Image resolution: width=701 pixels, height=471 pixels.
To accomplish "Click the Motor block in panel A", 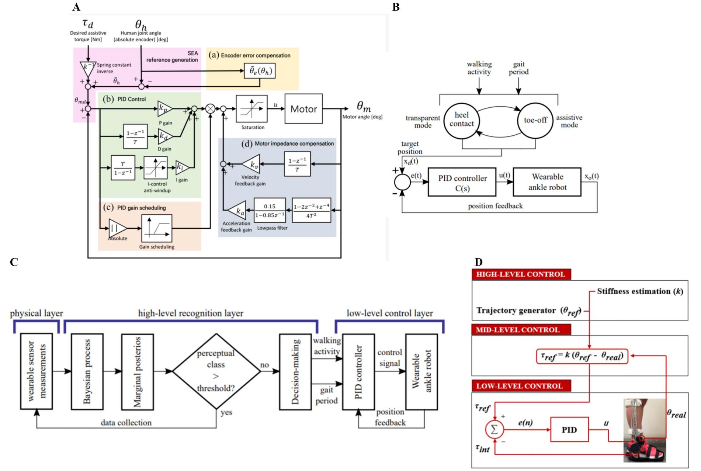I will coord(303,109).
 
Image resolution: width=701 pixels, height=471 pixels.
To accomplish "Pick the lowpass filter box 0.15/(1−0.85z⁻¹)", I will coord(270,211).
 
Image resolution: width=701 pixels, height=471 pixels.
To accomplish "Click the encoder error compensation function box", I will coord(260,71).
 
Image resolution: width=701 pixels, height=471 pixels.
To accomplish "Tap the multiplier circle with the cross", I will coord(211,109).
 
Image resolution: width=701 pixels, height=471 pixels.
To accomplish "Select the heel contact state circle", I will coord(461,120).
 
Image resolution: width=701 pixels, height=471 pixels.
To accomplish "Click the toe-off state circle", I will coord(535,120).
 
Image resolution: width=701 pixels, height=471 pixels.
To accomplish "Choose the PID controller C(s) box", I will coord(462,183).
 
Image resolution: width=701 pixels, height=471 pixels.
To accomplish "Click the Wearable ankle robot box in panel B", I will coord(547,182).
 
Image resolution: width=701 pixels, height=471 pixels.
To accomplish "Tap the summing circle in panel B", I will coord(402,182).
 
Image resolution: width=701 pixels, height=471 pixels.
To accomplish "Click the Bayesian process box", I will coord(87,371).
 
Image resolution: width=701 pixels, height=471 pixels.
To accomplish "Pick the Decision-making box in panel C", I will coord(295,371).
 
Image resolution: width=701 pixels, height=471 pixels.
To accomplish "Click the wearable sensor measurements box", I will coord(37,371).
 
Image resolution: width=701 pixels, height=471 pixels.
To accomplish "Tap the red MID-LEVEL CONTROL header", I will coord(521,329).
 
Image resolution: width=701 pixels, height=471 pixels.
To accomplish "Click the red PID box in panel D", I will coord(569,430).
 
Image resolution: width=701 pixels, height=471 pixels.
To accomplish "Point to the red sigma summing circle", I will coord(494,430).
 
